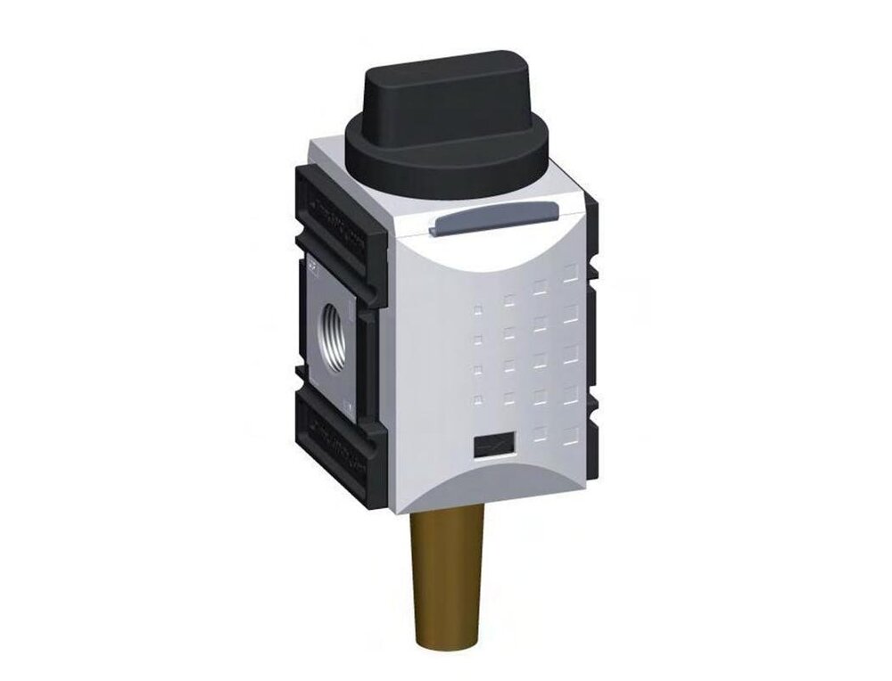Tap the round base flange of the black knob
[x=446, y=169]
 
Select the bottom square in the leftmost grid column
[x=479, y=398]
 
